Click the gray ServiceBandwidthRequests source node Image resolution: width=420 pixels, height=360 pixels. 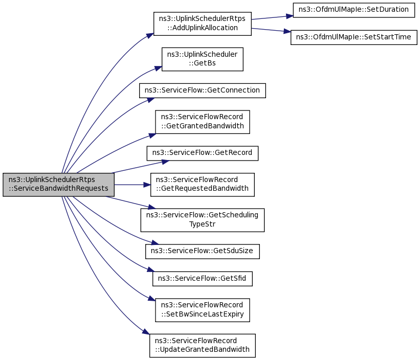[x=58, y=185]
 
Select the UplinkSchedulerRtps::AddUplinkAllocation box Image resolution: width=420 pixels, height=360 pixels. [x=202, y=24]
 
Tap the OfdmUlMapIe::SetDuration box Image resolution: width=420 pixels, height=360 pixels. [x=353, y=10]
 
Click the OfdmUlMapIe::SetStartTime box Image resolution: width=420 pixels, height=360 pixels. [x=354, y=37]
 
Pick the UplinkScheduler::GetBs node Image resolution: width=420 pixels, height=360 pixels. [x=202, y=59]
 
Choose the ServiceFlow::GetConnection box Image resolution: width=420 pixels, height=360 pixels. [x=202, y=91]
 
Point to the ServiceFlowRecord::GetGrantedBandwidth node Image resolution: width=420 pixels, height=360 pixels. [x=202, y=122]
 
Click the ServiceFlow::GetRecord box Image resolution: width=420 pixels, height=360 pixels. [x=202, y=153]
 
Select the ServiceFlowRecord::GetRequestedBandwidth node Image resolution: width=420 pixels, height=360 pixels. [x=202, y=185]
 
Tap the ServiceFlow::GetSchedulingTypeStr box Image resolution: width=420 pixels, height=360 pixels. [x=203, y=220]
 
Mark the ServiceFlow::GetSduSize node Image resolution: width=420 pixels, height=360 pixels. [x=203, y=251]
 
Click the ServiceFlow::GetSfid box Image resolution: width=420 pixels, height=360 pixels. [x=203, y=279]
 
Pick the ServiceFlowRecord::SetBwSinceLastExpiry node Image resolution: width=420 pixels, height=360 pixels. [x=202, y=310]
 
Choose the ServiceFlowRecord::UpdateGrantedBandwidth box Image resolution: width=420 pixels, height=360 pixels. [x=202, y=345]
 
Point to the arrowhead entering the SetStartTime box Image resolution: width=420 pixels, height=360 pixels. [x=288, y=32]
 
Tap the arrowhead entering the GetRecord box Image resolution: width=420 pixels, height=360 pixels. [x=165, y=161]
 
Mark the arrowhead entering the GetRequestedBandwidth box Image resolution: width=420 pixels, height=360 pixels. [x=147, y=185]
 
